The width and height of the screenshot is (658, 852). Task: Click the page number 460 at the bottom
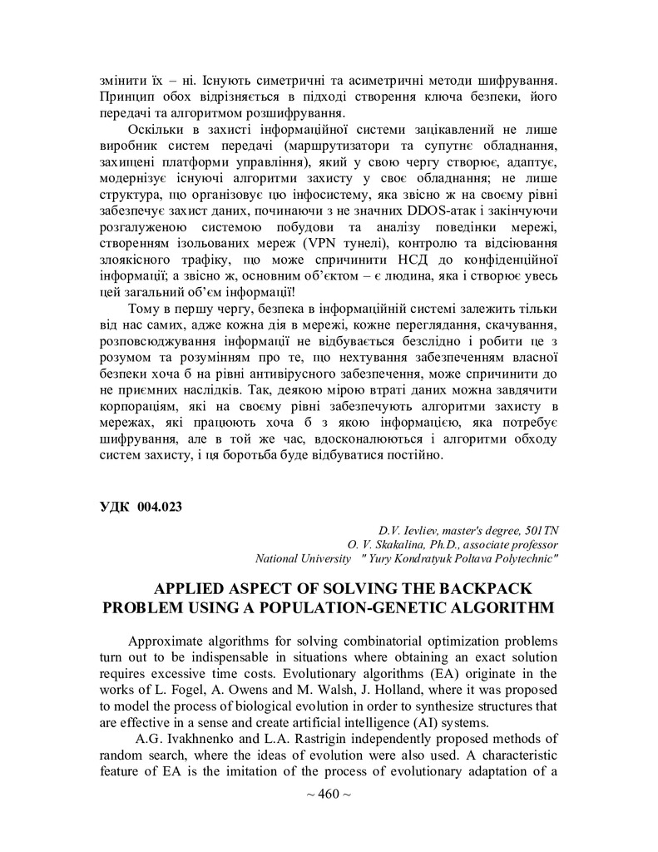(x=329, y=794)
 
